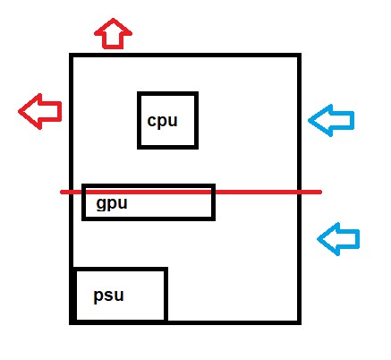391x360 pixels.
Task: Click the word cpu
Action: point(162,121)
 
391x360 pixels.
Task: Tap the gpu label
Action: point(112,204)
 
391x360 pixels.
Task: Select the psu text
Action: point(108,296)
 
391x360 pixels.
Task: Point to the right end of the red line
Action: point(320,192)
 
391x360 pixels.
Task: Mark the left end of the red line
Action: point(62,192)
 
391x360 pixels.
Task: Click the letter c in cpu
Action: point(152,121)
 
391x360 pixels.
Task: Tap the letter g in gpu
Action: point(102,205)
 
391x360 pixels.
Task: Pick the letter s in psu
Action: point(109,296)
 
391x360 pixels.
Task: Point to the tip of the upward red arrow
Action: point(113,19)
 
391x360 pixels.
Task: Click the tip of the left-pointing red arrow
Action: point(19,112)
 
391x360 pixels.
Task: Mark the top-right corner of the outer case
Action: point(299,56)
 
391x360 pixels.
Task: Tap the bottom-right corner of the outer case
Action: point(299,322)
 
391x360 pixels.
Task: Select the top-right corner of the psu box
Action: point(166,270)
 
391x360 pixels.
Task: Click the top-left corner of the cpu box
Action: point(139,94)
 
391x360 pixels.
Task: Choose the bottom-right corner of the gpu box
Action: point(213,219)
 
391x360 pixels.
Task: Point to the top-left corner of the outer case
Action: point(72,56)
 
